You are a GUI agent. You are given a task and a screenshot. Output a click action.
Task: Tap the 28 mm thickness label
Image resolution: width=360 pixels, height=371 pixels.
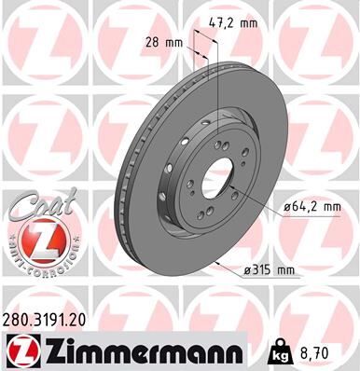[x=164, y=43]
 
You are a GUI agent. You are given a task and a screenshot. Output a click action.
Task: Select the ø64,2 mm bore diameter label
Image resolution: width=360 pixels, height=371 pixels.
[x=305, y=209]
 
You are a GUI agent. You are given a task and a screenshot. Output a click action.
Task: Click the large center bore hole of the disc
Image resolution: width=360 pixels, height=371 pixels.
[x=217, y=180]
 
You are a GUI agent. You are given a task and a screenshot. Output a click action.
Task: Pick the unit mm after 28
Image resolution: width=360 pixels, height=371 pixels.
[x=173, y=43]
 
